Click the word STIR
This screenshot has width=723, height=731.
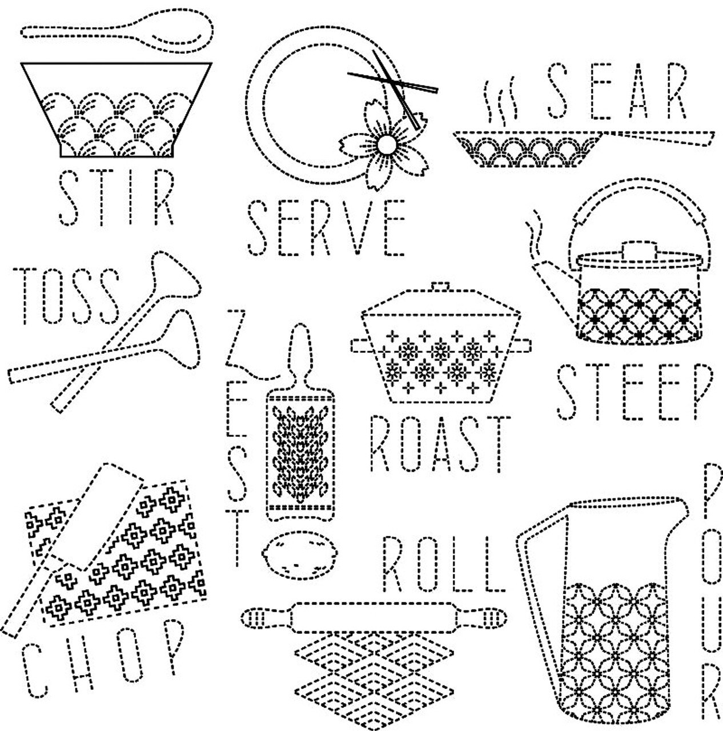click(117, 198)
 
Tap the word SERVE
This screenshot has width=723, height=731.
click(327, 228)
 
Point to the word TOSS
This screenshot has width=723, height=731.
click(66, 296)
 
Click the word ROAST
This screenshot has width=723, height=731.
click(440, 444)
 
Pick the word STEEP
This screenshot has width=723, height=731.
click(634, 392)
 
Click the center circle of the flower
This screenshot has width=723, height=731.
click(387, 144)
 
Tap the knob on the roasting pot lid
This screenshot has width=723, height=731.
click(441, 286)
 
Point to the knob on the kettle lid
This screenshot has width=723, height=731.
click(639, 248)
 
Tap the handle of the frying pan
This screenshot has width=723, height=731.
click(658, 138)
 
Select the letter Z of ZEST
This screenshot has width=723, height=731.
click(235, 338)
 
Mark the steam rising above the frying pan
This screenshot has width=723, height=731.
click(500, 100)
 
